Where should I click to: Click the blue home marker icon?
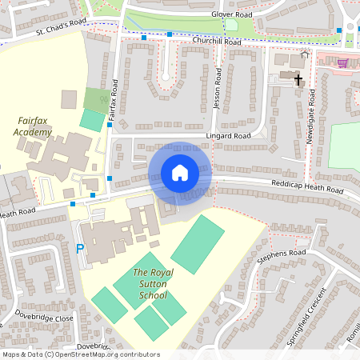180,172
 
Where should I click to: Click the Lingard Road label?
229,136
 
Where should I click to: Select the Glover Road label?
231,14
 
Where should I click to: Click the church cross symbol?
298,80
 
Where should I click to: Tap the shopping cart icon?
343,62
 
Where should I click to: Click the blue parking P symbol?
79,249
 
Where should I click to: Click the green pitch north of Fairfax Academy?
92,120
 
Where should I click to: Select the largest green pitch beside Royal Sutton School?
198,244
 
